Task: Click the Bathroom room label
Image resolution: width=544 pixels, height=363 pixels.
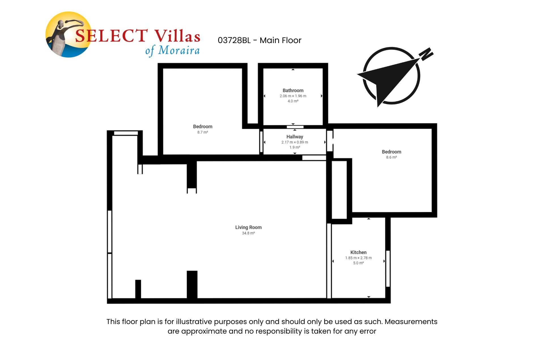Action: point(293,90)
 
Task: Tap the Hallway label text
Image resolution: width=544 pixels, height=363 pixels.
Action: point(295,137)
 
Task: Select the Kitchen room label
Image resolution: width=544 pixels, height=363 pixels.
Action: point(358,252)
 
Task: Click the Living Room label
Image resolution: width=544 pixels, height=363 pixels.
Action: point(248,227)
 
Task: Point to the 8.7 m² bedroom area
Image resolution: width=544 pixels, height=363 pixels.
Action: point(203,132)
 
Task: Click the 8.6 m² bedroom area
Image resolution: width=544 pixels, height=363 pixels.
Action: point(391,157)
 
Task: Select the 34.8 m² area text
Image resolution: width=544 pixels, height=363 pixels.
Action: point(248,233)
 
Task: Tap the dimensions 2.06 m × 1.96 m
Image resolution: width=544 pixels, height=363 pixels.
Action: point(293,96)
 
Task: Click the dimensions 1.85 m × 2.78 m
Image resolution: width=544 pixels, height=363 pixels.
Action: point(358,258)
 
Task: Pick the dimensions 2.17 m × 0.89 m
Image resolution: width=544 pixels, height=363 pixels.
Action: point(295,142)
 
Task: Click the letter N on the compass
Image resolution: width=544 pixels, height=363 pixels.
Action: point(427,54)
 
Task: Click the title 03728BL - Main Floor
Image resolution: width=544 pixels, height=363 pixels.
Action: point(259,40)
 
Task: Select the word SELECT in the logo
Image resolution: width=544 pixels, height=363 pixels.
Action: point(111,36)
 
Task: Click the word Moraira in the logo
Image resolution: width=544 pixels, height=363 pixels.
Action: point(179,50)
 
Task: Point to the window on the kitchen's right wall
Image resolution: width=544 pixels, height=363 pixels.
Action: point(388,268)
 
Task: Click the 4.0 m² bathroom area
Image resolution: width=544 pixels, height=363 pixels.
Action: point(293,101)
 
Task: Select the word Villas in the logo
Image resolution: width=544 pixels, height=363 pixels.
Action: point(177,36)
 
